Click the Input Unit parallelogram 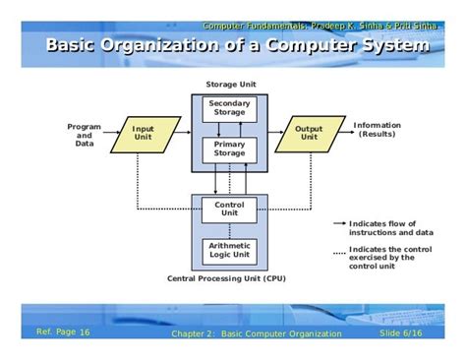(143, 134)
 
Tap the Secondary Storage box (229, 107)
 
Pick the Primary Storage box (229, 149)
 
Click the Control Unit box (229, 209)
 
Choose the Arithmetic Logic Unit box (229, 250)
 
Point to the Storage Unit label (229, 86)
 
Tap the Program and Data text (85, 134)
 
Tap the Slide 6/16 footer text (402, 334)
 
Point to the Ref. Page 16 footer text (63, 332)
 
